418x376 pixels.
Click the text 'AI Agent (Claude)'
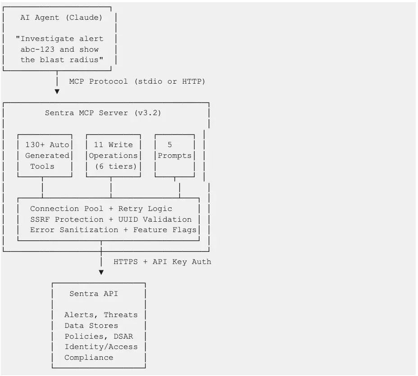pos(61,18)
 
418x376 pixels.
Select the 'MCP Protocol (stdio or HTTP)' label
pos(137,81)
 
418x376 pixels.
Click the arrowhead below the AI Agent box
pos(57,92)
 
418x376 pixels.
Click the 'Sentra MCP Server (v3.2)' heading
pos(103,113)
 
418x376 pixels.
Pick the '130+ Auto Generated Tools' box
pos(45,155)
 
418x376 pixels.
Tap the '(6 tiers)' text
pos(116,166)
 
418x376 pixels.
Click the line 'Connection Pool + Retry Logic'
pos(101,209)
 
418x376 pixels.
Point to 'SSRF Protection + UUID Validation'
pos(111,219)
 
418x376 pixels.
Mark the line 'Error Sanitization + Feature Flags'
pos(113,230)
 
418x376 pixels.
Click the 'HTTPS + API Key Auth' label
pos(162,261)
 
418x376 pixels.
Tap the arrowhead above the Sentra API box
pos(101,272)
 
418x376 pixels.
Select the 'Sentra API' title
pos(94,294)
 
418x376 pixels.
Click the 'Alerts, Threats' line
pos(101,315)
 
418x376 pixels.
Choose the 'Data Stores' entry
pos(91,326)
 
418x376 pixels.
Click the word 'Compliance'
pos(89,358)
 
